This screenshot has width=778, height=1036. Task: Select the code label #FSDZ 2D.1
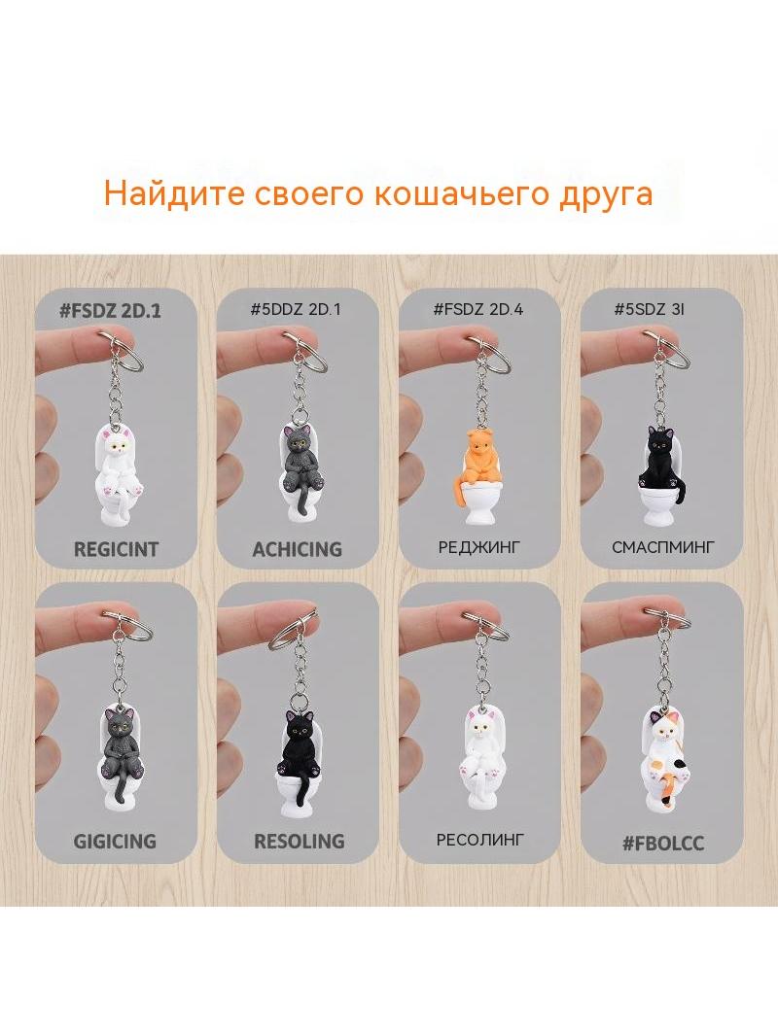(110, 310)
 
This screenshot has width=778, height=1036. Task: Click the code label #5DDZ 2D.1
(296, 308)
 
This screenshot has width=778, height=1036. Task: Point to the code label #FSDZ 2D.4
(477, 308)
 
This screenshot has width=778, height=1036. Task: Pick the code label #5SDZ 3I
(649, 308)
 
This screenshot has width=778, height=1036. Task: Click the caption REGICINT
(116, 549)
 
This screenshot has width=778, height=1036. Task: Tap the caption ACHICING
(298, 549)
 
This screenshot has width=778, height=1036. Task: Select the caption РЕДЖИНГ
(479, 547)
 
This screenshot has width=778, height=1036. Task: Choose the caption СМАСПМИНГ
(663, 547)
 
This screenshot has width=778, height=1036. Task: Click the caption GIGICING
(115, 841)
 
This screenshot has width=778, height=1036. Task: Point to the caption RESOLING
(300, 841)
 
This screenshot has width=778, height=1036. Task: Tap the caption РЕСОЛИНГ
(479, 840)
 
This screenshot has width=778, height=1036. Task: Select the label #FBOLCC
(663, 843)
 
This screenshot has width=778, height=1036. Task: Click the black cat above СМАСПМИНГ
(661, 462)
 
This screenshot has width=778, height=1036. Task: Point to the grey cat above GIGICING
(122, 746)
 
